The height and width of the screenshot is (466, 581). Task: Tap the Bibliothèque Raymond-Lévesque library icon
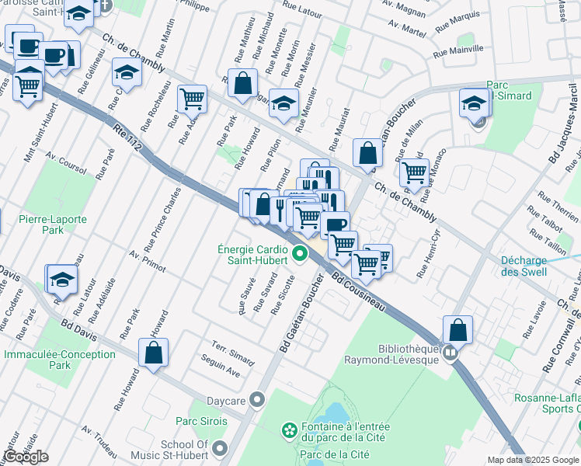click(450, 354)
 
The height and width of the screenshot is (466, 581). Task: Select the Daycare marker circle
click(258, 400)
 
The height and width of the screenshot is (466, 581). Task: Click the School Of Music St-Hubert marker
click(221, 448)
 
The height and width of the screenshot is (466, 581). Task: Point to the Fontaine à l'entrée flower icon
click(289, 429)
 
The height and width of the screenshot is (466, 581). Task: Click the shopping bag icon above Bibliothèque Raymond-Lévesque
click(458, 329)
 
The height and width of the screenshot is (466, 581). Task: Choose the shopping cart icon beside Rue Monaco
click(415, 172)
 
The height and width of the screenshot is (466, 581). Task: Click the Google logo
click(26, 457)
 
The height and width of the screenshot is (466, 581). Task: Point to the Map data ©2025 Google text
click(532, 460)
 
